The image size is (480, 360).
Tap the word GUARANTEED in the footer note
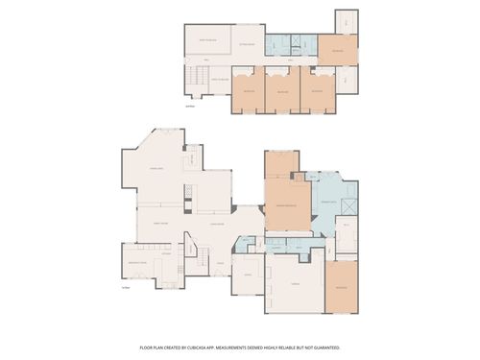pyautogui.click(x=324, y=347)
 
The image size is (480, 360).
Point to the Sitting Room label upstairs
pyautogui.click(x=247, y=44)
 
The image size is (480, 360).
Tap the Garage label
pyautogui.click(x=295, y=286)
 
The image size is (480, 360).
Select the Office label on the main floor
pyautogui.click(x=247, y=276)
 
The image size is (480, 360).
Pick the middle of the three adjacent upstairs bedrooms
pyautogui.click(x=282, y=92)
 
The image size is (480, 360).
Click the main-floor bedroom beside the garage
pyautogui.click(x=341, y=287)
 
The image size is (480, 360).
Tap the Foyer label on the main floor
pyautogui.click(x=220, y=263)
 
